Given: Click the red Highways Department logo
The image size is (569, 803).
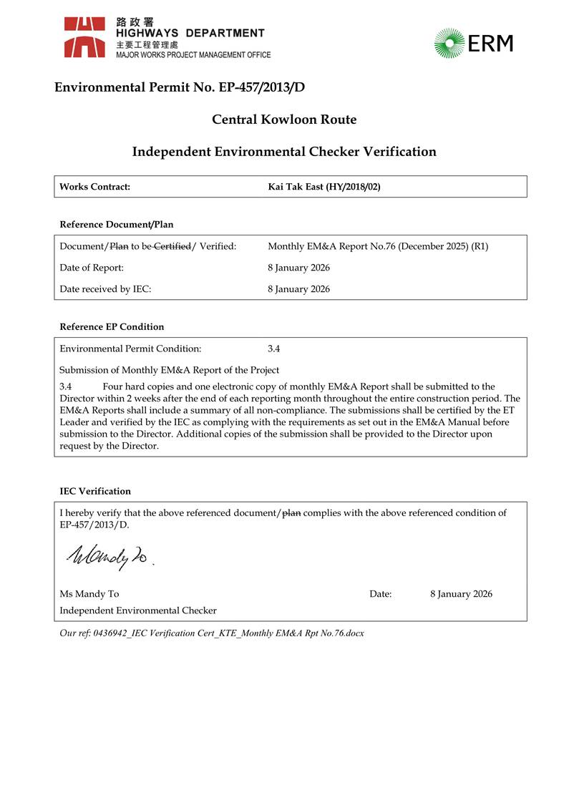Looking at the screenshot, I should tap(85, 37).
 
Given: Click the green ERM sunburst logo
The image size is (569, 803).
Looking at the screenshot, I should tap(449, 43).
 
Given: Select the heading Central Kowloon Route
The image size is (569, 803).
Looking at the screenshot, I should tap(284, 120).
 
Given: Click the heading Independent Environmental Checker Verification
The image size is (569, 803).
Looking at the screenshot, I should tap(284, 152).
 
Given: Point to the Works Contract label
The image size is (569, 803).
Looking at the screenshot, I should tap(94, 187).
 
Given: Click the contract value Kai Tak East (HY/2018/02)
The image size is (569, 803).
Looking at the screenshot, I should tap(324, 187).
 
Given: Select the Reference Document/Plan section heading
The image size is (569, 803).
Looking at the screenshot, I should tap(116, 225).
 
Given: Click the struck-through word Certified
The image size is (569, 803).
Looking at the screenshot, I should tap(171, 246).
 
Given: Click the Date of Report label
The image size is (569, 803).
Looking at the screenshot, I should tap(92, 268).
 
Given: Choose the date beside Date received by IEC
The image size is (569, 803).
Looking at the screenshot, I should tap(298, 289).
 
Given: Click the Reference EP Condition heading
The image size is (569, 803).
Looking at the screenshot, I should tap(112, 327).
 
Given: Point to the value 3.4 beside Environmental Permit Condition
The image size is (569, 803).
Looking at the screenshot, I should tap(274, 349).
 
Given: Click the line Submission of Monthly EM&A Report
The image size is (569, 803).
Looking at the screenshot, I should tap(169, 370).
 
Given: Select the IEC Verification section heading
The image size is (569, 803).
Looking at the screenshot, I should tap(95, 492).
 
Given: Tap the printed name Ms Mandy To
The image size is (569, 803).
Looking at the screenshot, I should tap(89, 594).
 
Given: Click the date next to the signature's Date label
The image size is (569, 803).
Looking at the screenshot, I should tap(461, 594).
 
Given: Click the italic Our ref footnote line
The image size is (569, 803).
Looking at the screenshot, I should tap(212, 633).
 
